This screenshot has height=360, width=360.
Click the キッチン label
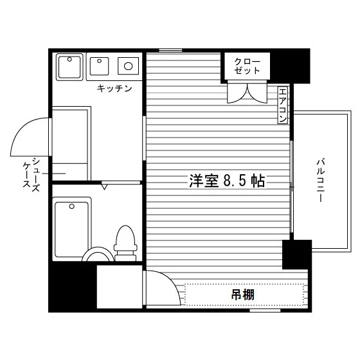click(114, 88)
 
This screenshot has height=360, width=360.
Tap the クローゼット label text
click(247, 66)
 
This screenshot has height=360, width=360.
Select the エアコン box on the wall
click(282, 105)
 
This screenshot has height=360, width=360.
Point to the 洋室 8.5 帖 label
click(227, 181)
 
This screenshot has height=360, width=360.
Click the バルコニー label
click(321, 180)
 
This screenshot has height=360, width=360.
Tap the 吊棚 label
click(243, 295)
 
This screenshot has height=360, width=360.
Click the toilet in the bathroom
click(125, 243)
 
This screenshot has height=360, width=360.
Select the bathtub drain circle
click(72, 206)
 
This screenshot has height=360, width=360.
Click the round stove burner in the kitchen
click(129, 66)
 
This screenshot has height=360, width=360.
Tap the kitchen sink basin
click(99, 66)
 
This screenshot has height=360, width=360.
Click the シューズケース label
click(32, 174)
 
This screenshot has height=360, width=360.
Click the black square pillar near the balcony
click(297, 255)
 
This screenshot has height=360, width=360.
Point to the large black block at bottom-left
click(73, 287)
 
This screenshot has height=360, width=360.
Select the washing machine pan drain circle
click(69, 59)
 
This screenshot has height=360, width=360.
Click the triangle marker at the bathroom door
click(104, 186)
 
